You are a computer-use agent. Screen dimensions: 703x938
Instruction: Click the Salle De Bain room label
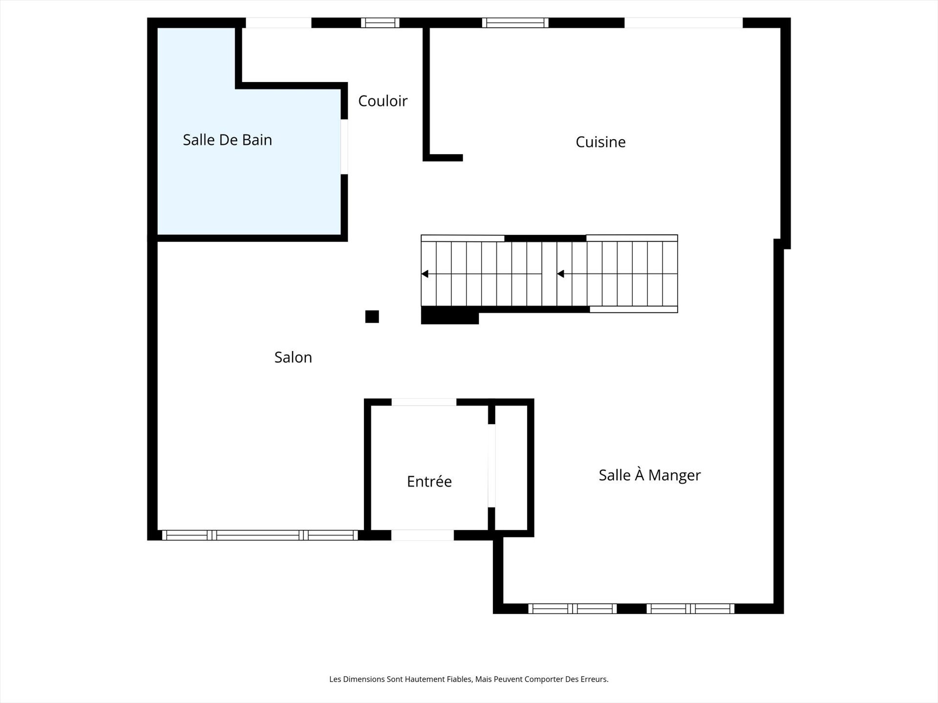click(x=227, y=140)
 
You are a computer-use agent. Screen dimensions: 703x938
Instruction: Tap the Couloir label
click(x=383, y=101)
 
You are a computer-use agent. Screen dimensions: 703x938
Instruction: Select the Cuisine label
click(x=600, y=142)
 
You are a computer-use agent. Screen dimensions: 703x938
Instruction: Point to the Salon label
click(x=293, y=357)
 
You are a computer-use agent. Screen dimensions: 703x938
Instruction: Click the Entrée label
click(x=429, y=482)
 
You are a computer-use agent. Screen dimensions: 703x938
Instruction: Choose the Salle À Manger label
click(x=649, y=475)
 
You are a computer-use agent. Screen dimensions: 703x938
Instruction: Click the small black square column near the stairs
click(x=372, y=316)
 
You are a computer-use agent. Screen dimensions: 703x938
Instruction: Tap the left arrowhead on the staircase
click(x=425, y=274)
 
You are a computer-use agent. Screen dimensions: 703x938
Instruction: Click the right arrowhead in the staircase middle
click(x=561, y=274)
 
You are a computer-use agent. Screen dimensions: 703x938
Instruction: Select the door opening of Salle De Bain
click(x=344, y=146)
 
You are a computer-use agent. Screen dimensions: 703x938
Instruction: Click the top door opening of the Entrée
click(x=424, y=402)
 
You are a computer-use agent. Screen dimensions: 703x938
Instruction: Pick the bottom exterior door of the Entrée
click(x=422, y=535)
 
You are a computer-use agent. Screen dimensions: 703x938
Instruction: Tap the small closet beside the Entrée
click(x=512, y=468)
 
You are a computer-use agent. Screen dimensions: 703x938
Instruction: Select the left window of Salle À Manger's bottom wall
click(x=573, y=608)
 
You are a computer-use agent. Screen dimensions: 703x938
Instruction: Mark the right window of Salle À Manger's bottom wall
click(x=690, y=608)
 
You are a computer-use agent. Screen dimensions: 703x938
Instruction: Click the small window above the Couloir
click(x=380, y=22)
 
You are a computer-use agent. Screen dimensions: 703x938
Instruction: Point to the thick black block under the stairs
click(x=449, y=316)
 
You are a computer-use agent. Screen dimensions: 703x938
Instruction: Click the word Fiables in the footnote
click(x=459, y=679)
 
